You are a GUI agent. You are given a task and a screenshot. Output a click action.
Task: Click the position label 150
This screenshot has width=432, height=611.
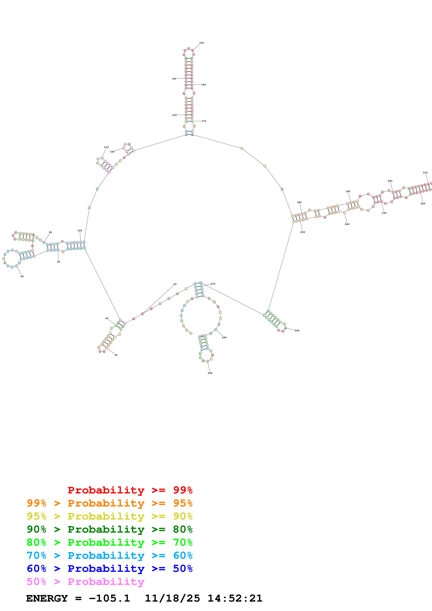click(x=201, y=43)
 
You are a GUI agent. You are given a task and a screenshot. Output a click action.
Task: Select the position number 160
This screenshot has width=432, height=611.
click(x=203, y=85)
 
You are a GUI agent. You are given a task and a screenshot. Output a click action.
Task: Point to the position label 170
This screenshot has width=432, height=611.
click(x=204, y=121)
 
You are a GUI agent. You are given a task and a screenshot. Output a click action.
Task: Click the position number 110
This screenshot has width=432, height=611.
click(x=106, y=147)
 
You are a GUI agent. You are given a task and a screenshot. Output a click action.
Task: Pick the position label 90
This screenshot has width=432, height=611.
click(x=50, y=232)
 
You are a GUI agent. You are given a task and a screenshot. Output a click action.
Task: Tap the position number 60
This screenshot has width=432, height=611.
click(x=22, y=276)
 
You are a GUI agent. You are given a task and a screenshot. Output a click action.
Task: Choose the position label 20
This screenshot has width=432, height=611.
click(x=175, y=284)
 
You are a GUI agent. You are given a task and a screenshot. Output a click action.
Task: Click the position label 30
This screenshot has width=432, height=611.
click(x=116, y=355)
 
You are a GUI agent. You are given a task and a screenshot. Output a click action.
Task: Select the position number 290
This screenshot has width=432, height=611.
click(x=210, y=373)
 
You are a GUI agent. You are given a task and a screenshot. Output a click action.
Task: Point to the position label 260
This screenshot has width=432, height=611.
click(x=297, y=331)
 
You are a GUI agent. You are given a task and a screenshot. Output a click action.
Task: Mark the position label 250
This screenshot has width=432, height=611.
click(x=303, y=232)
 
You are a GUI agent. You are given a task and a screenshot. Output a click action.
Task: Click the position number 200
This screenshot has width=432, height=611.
click(x=390, y=181)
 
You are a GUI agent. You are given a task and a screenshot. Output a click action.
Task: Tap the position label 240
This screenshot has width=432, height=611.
click(x=347, y=224)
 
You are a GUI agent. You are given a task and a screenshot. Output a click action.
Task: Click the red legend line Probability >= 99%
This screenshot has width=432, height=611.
click(x=130, y=490)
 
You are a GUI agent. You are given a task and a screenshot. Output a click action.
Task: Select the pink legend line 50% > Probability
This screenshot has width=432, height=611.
click(x=85, y=582)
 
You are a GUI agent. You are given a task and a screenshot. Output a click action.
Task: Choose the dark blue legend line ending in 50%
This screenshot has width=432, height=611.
click(x=109, y=569)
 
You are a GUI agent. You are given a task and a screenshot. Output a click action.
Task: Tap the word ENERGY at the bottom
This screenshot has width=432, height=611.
click(x=47, y=598)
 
